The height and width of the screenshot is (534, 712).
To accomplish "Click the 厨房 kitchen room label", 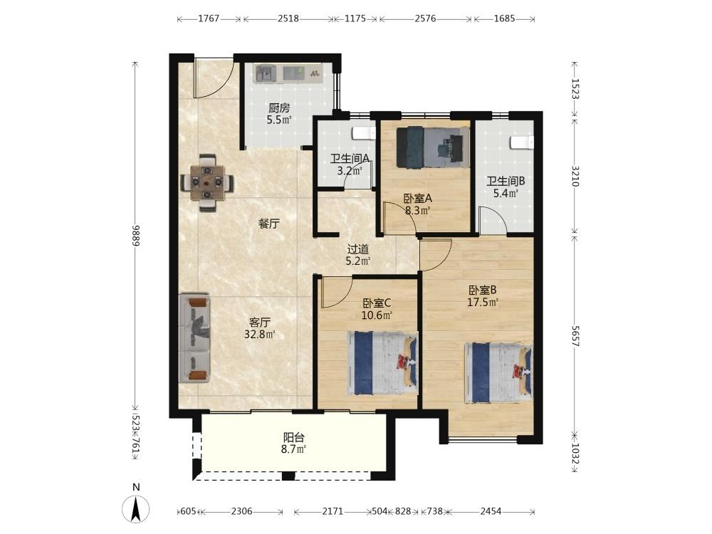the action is coord(279,108).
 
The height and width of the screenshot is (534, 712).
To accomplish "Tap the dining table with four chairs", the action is coord(207,182).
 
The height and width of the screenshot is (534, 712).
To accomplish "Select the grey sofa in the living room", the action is coord(194,337).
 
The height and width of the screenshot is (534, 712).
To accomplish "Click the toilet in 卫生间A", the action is coord(364,133).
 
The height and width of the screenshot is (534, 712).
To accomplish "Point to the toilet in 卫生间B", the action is coord(522,142).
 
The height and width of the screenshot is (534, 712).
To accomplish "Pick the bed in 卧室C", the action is coord(382,363).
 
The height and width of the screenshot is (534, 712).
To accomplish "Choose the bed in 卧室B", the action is coord(498,373).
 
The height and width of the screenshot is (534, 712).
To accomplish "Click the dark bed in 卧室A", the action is coord(433,147).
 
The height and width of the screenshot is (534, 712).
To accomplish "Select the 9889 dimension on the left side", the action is coord(135,234).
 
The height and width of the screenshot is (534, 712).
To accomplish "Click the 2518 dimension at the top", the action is coord(288,19).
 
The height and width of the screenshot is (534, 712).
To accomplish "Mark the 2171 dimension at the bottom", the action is coord(333,511).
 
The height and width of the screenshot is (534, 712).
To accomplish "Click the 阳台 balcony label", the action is coord(294,438).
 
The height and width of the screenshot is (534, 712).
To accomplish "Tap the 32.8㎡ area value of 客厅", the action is coord(260,335).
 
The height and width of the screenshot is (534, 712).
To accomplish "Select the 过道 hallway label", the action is coord(358,249).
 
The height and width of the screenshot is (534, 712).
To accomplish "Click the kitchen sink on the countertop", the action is coord(266,73).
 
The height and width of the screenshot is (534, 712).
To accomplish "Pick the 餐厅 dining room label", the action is coord(269,224).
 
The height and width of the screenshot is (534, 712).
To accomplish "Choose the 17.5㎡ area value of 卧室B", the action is coord(483,302).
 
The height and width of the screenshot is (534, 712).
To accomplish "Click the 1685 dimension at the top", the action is coord(504,19).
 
